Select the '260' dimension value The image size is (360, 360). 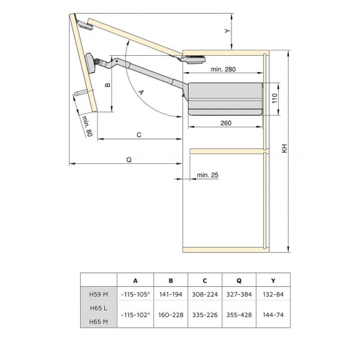click(x=225, y=123)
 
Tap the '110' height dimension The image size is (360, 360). click(x=274, y=98)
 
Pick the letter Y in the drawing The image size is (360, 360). click(x=227, y=30)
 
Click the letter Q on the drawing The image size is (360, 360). click(x=128, y=160)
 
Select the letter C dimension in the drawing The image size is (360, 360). click(x=139, y=133)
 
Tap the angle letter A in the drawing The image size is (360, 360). click(x=140, y=91)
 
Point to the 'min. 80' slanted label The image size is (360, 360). click(x=87, y=126)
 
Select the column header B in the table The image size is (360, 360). click(x=171, y=280)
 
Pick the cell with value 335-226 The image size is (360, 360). click(x=204, y=315)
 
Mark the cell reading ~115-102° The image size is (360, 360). click(x=135, y=315)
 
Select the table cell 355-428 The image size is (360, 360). click(x=238, y=315)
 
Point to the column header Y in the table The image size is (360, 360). click(x=274, y=280)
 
